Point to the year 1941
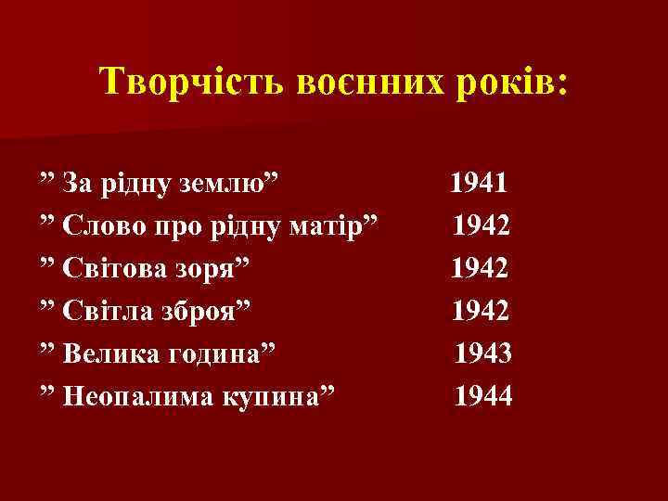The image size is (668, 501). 479,181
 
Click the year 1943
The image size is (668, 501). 483,353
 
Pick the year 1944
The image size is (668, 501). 482,396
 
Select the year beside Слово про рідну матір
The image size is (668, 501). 482,225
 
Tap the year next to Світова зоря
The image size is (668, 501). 480,267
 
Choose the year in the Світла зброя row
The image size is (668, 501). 481,310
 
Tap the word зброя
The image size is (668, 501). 211,311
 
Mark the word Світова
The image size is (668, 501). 115,268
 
